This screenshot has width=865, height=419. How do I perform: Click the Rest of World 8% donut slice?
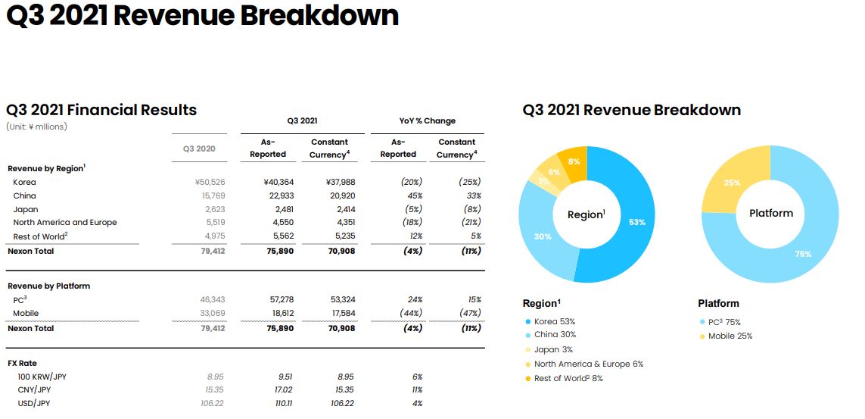tap(573, 162)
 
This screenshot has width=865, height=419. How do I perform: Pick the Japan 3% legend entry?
tap(553, 350)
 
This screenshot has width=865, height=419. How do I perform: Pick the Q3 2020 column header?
tap(199, 149)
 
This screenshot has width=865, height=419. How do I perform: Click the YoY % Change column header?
tap(428, 120)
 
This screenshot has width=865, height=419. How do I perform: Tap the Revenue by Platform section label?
tap(48, 286)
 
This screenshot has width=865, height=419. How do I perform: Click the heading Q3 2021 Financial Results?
tap(101, 110)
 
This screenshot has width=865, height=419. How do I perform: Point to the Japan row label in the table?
tap(26, 209)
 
